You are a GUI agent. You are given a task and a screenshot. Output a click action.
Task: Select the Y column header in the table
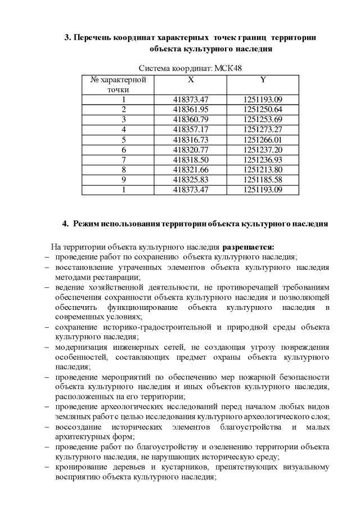click(x=263, y=80)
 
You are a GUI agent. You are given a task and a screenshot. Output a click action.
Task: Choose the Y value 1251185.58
click(x=263, y=180)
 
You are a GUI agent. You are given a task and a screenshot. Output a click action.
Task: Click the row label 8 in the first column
click(x=123, y=170)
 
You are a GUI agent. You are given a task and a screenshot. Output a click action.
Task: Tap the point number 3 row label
click(x=123, y=119)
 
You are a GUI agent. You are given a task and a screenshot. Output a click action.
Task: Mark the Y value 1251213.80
click(x=263, y=170)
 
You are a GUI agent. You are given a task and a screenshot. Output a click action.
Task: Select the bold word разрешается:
click(x=249, y=246)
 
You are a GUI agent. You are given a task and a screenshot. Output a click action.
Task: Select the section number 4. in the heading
click(x=65, y=224)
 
